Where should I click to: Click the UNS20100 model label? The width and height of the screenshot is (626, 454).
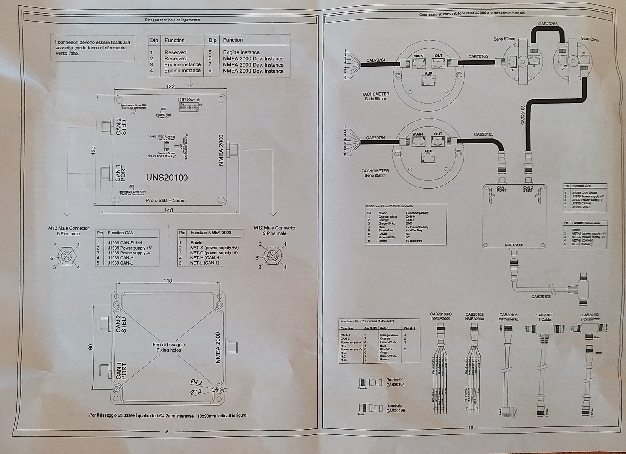point(167,178)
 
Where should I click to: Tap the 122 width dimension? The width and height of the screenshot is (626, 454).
point(170,86)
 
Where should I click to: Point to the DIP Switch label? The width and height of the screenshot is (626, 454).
point(189,100)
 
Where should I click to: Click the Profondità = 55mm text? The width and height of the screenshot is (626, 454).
point(165,200)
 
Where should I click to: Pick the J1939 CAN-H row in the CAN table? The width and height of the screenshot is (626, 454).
point(120,258)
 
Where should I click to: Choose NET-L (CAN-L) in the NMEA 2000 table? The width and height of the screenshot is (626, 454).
point(205,263)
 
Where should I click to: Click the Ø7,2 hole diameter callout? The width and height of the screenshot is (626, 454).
point(196,392)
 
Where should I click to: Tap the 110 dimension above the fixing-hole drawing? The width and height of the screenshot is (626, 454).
point(168,281)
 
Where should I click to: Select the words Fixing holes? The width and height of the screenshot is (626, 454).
point(169,350)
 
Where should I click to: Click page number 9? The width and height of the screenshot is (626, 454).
point(167,431)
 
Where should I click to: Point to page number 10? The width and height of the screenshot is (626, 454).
point(471,428)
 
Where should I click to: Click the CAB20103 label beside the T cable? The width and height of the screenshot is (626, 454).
point(541,297)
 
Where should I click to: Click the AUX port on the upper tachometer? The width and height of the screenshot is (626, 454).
point(428,80)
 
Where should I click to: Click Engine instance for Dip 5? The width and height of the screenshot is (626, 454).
point(241,52)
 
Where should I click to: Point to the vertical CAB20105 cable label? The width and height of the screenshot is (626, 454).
point(523,115)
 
